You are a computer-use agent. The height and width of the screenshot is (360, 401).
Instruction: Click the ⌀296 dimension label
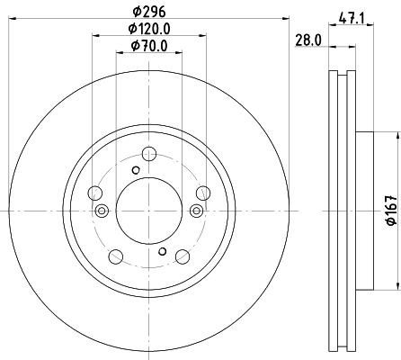coord(149,12)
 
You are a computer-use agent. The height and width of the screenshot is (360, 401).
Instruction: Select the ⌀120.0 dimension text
coord(149,29)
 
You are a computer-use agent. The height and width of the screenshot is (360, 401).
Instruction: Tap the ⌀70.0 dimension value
coord(149,46)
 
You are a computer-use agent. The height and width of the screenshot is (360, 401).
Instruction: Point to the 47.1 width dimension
coord(352,19)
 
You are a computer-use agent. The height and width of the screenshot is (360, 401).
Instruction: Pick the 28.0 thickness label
coord(308,40)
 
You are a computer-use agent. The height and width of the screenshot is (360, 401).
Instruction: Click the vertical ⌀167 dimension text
coord(392,210)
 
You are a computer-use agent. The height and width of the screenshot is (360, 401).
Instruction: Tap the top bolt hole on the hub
coord(149,154)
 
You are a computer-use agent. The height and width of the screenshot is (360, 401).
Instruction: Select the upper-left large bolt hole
coord(95,193)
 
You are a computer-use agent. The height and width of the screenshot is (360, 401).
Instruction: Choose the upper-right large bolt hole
coord(203,193)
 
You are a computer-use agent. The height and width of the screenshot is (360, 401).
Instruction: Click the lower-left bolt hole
coord(116,256)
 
